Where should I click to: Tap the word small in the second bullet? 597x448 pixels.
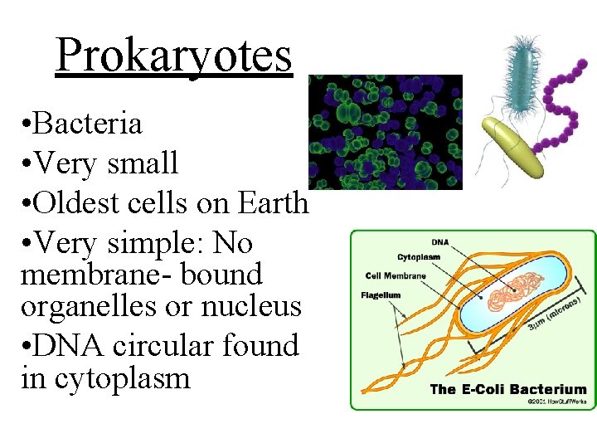(x=143, y=163)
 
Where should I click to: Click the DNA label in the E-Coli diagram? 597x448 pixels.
(x=441, y=243)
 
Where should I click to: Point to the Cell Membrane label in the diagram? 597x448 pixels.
(x=396, y=276)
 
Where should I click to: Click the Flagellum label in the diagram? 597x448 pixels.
(x=381, y=295)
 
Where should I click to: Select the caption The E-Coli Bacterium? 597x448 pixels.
(x=507, y=389)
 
